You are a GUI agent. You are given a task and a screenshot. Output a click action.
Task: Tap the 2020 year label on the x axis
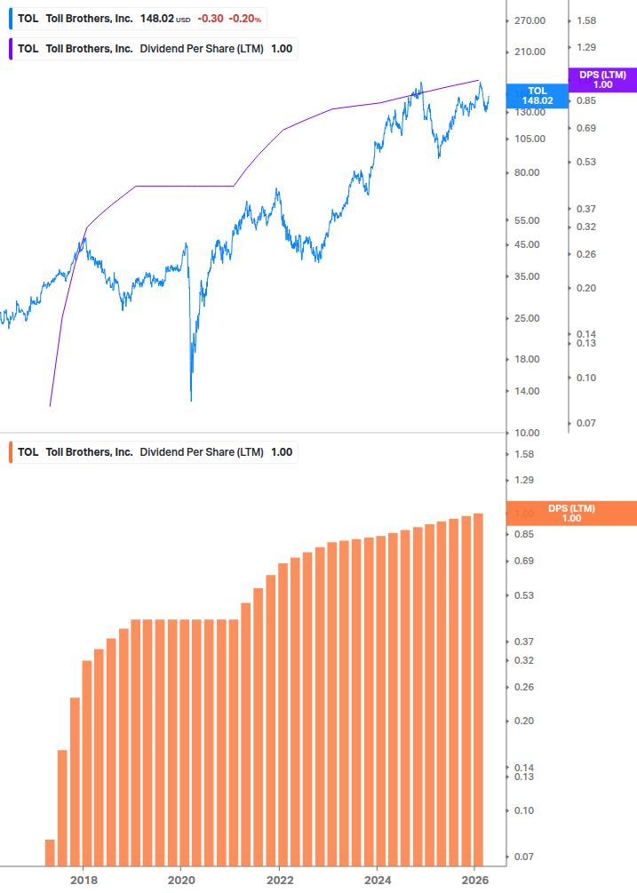tap(180, 879)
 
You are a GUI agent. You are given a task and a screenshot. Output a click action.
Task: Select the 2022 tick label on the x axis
tap(279, 879)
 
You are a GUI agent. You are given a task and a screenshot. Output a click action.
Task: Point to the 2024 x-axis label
tap(377, 879)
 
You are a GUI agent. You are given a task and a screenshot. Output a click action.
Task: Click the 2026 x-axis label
tap(475, 879)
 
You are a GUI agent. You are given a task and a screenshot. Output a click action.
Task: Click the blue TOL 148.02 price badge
tap(537, 96)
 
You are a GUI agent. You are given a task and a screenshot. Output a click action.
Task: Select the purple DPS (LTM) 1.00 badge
tap(602, 80)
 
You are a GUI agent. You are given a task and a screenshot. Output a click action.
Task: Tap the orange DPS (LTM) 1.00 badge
tap(571, 514)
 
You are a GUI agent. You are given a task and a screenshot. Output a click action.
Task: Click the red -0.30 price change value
tap(209, 18)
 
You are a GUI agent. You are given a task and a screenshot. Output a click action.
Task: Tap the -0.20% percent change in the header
tap(245, 18)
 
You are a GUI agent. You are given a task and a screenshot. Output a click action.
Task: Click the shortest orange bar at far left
tap(50, 852)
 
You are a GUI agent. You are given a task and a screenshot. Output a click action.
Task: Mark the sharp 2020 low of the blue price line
tap(191, 400)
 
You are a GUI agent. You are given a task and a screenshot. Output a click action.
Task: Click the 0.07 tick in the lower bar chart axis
tap(524, 857)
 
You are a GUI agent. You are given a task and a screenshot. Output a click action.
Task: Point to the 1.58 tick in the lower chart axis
tap(524, 454)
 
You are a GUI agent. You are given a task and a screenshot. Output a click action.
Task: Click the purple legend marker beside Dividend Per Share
tap(11, 48)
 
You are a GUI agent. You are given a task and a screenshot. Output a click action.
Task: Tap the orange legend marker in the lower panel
tap(11, 451)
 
